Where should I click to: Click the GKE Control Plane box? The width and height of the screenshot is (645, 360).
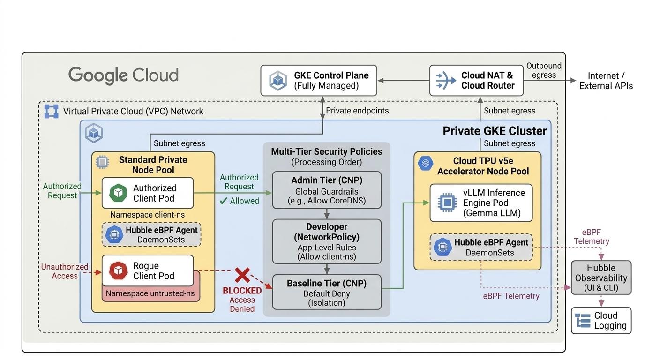(319, 80)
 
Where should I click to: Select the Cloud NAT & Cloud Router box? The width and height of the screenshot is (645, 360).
(476, 80)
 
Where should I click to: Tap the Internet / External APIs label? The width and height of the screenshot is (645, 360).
(606, 81)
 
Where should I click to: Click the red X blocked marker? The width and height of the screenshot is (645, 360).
(242, 275)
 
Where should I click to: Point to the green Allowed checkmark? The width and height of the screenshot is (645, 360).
(223, 201)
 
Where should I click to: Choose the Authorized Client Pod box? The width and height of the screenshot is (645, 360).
(148, 193)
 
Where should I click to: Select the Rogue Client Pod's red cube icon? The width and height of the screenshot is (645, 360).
(118, 271)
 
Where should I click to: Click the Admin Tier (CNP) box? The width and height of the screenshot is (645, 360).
(327, 190)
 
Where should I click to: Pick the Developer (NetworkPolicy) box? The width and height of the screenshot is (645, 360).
(327, 241)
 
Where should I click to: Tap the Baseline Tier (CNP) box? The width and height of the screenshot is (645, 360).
(327, 292)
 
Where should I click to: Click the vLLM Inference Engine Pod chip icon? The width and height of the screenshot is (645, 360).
(447, 203)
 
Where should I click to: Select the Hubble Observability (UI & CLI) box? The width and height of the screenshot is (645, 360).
(601, 277)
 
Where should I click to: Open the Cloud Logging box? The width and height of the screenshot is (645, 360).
(601, 321)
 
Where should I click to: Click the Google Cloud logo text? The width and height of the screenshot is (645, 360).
(124, 75)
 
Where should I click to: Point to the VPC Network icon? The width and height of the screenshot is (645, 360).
(51, 111)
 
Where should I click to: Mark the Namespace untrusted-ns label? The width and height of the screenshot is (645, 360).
(150, 293)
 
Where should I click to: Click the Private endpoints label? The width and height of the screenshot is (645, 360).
(357, 111)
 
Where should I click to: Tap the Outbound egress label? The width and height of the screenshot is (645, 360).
(544, 70)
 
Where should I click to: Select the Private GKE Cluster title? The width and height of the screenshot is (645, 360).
(495, 131)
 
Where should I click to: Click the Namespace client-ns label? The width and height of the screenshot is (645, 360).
(148, 215)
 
